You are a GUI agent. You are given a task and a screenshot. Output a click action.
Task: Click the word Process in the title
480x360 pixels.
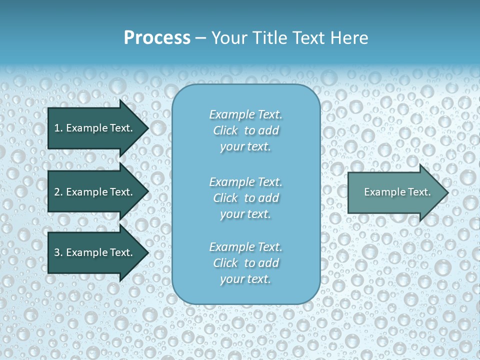pyautogui.click(x=157, y=37)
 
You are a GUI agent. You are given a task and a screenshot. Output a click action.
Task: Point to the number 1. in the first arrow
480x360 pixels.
pyautogui.click(x=58, y=128)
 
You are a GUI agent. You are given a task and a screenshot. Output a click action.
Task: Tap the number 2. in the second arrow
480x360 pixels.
pyautogui.click(x=58, y=192)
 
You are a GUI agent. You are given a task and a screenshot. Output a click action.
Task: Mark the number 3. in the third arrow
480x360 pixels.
pyautogui.click(x=58, y=252)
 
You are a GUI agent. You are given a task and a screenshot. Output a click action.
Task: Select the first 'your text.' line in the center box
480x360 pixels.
pyautogui.click(x=245, y=147)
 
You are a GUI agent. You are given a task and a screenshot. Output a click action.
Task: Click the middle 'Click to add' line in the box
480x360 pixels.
pyautogui.click(x=245, y=198)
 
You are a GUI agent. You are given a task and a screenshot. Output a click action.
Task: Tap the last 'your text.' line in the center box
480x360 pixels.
pyautogui.click(x=245, y=279)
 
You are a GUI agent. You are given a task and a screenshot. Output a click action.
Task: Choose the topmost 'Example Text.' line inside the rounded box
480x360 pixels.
pyautogui.click(x=245, y=114)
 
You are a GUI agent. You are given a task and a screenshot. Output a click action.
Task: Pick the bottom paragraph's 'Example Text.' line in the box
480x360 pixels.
pyautogui.click(x=245, y=247)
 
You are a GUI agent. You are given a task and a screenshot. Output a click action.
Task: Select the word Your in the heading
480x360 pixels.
pyautogui.click(x=228, y=37)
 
